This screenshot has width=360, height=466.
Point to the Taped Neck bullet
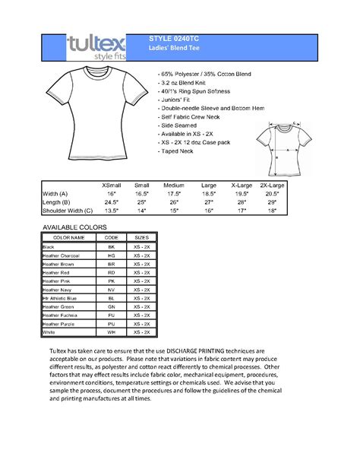[x=178, y=151]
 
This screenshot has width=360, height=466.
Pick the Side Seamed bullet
[x=179, y=125]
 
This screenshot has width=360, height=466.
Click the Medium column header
[x=174, y=185]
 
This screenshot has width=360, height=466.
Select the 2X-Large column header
[x=272, y=185]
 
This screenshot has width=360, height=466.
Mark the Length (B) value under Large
[x=207, y=202]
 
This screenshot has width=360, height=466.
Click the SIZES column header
[x=141, y=237]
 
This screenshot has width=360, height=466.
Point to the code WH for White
[x=111, y=332]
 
